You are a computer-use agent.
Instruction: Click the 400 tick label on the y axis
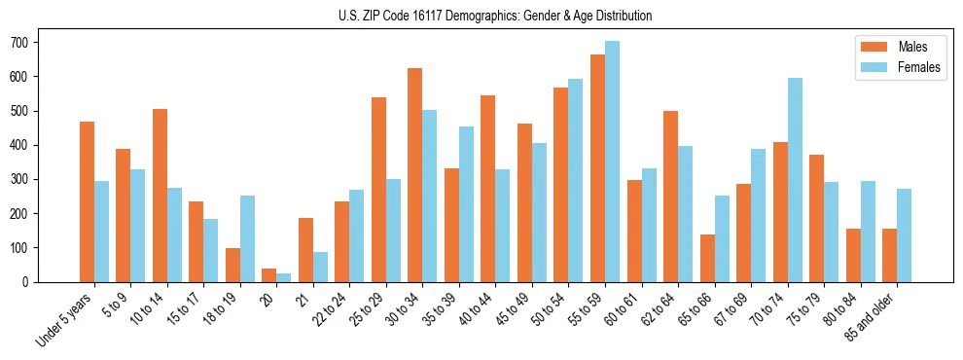(19, 145)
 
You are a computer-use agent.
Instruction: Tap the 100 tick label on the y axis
(19, 248)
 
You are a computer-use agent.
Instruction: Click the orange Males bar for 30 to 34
(415, 175)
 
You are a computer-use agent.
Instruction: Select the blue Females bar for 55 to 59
(612, 162)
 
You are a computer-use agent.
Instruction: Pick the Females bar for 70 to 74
(795, 180)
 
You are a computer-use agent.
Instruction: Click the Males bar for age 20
(269, 275)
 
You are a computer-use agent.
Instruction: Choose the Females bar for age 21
(320, 268)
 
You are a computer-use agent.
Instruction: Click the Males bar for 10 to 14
(160, 196)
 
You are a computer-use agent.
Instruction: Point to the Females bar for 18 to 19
(247, 239)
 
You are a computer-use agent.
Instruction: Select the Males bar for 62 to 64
(670, 197)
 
